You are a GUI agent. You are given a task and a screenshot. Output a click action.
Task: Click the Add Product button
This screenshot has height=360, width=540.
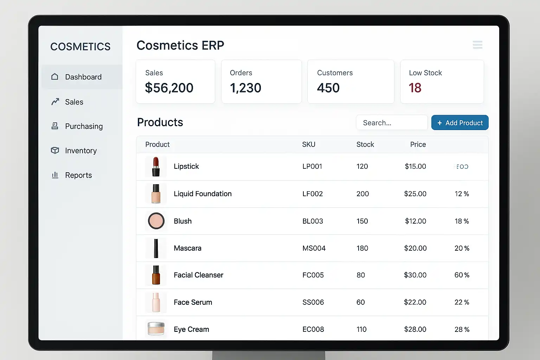point(460,123)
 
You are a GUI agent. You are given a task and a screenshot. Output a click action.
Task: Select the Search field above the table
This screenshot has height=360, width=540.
point(392,123)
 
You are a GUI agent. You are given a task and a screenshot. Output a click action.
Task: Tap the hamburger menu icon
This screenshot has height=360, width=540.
point(477,45)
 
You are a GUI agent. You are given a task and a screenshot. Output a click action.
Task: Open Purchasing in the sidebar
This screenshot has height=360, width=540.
point(84,126)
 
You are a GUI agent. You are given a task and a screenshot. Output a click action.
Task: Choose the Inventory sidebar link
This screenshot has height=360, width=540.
point(81,150)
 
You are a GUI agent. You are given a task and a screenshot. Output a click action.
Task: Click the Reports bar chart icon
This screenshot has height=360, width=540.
point(55,175)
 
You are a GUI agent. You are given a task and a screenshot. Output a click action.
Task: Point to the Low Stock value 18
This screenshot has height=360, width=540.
point(415,88)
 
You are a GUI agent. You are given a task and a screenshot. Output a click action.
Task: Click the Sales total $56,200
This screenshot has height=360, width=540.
point(169,88)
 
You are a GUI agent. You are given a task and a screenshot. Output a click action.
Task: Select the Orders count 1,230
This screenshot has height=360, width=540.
point(245,88)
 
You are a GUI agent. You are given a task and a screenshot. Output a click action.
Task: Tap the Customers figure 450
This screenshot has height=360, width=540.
point(328,88)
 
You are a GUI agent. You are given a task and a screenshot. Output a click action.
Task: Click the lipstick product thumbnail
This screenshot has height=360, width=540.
point(156,167)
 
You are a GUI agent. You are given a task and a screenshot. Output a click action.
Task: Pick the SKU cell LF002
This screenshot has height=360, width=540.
point(313,194)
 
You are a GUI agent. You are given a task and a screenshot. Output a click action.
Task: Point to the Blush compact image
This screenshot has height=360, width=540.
point(156,221)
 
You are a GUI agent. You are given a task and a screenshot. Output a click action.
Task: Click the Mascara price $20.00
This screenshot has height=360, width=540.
point(415,248)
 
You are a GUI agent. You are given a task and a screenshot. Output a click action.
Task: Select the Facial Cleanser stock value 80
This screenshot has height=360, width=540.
point(361,275)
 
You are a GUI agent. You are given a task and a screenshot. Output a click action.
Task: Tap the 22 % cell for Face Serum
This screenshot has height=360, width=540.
point(462,302)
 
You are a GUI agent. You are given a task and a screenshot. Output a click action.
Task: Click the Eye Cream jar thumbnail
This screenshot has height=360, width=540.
point(156,329)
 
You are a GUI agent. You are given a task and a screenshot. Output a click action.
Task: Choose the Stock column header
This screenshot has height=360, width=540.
point(365,144)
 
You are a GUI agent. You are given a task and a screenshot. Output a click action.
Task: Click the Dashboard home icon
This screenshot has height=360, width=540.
point(55,77)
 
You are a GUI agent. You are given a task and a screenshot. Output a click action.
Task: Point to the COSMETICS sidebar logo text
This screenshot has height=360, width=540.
point(80,46)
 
